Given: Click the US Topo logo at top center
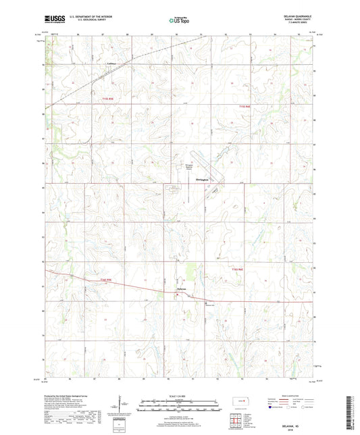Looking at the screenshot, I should point(180,21).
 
